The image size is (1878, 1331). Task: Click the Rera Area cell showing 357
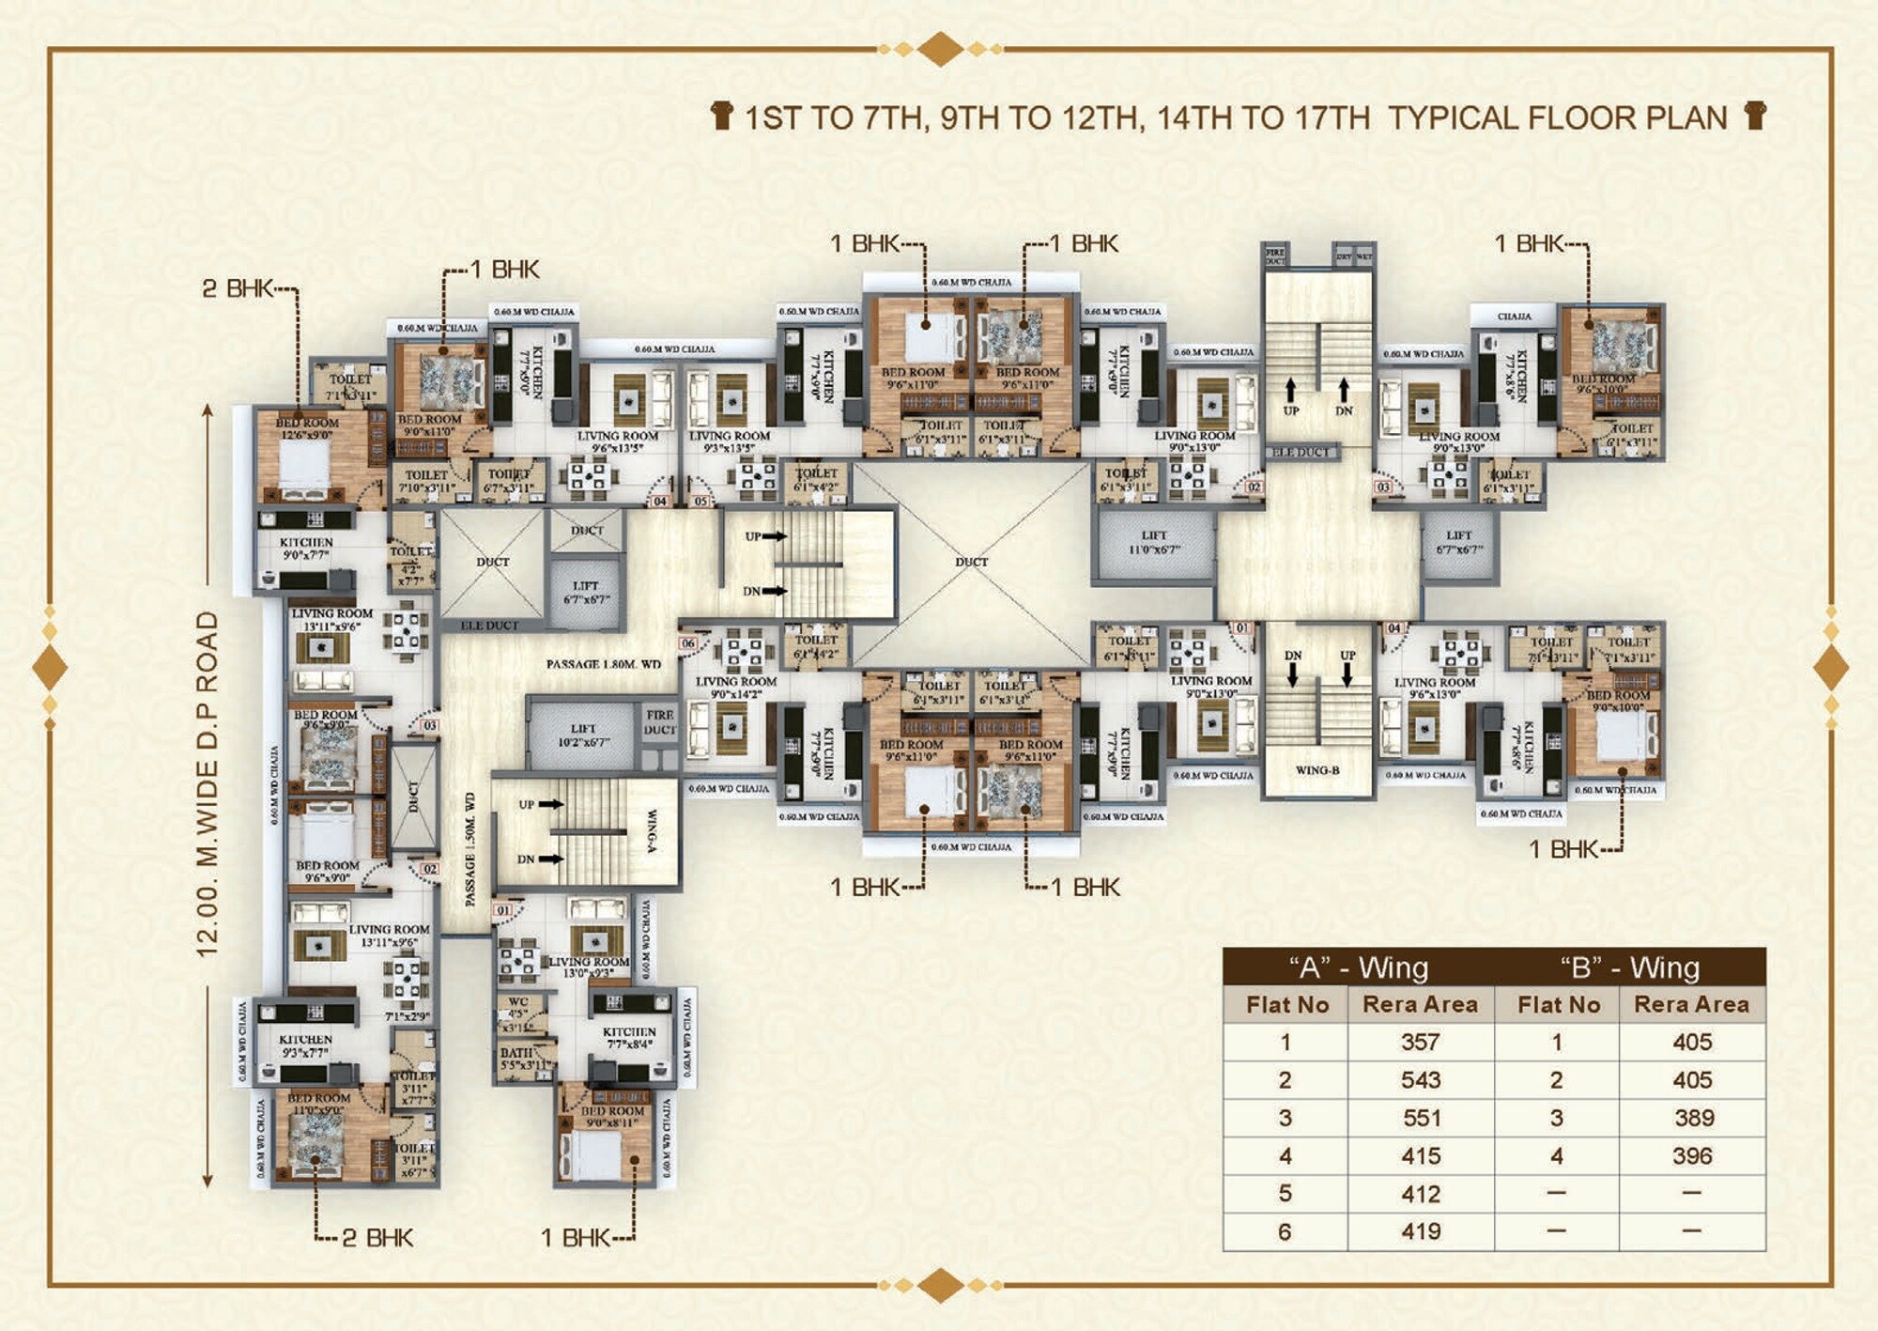[x=1420, y=1042]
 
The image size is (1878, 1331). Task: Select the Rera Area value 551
[x=1420, y=1118]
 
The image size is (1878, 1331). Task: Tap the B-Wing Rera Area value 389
[x=1691, y=1118]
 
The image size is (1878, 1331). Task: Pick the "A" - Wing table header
[x=1358, y=967]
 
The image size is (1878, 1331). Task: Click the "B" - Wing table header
[x=1629, y=967]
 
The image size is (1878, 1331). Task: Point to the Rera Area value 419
[x=1420, y=1231]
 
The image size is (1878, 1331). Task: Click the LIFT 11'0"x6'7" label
[x=1154, y=543]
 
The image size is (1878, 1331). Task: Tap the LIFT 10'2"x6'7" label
[x=582, y=735]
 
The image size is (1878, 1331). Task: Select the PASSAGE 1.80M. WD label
[x=603, y=664]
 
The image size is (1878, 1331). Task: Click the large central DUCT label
[x=971, y=562]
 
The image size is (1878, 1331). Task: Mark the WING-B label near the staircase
[x=1316, y=770]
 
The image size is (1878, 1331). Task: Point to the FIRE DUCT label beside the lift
[x=659, y=722]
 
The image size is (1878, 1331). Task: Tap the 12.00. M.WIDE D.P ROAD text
[x=208, y=784]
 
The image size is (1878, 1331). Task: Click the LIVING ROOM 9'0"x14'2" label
[x=736, y=688]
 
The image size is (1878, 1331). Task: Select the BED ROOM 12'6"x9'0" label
[x=307, y=428]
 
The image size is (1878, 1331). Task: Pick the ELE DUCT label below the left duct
[x=489, y=626]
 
